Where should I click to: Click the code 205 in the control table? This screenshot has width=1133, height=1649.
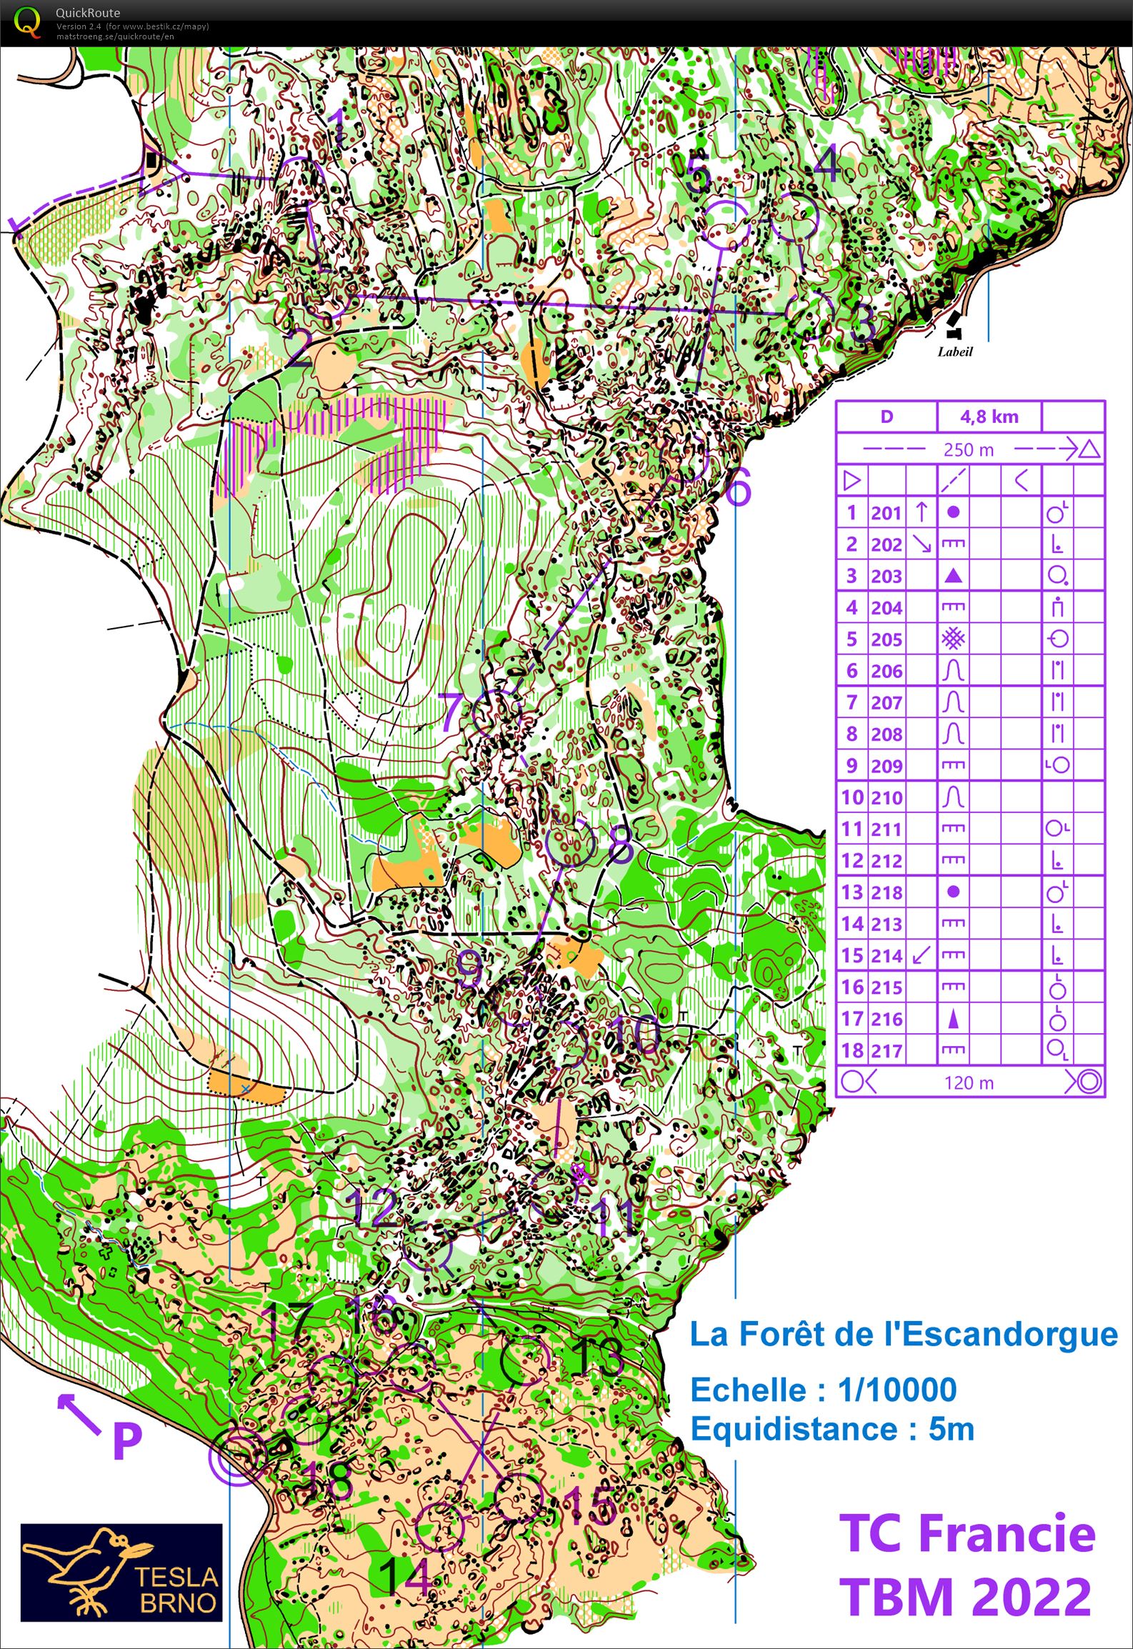886,639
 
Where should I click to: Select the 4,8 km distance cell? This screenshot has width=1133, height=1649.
989,417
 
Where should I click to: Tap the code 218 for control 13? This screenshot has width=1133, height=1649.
886,892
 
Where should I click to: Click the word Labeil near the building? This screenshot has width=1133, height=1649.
955,352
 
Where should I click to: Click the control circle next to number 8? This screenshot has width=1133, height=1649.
570,842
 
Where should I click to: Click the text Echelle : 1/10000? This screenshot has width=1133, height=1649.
823,1390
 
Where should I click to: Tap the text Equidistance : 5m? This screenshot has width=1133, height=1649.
832,1429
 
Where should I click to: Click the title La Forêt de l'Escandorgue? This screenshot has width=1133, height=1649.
903,1334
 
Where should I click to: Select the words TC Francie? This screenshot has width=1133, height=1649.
967,1533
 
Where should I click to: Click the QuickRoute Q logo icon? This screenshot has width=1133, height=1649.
27,21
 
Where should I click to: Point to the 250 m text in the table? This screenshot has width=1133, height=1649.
968,449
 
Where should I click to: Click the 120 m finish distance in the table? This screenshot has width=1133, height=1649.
968,1082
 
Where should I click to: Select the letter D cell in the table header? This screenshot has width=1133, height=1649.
886,417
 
